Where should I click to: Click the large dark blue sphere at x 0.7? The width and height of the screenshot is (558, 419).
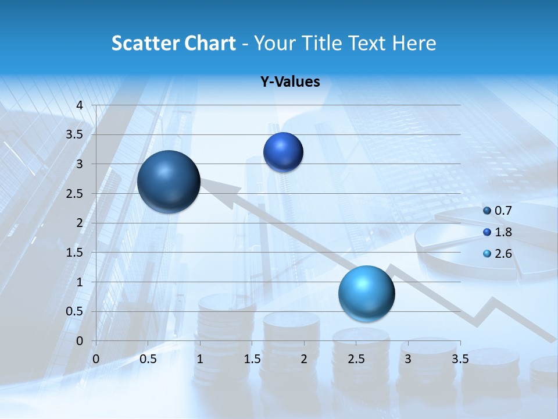[x=169, y=182]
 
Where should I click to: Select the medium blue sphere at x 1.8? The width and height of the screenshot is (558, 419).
[x=283, y=152]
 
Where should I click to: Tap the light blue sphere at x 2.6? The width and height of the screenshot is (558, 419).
[x=366, y=293]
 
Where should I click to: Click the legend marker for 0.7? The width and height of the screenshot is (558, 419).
[x=487, y=211]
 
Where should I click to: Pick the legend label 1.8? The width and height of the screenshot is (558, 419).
[x=503, y=232]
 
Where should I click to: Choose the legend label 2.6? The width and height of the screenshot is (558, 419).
[x=503, y=254]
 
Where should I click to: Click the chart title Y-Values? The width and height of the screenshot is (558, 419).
[x=290, y=82]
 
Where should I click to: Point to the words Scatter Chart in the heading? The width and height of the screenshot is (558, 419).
[x=173, y=43]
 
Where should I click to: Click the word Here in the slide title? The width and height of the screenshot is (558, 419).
[x=414, y=43]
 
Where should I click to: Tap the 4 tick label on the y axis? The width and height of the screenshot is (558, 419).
[x=81, y=105]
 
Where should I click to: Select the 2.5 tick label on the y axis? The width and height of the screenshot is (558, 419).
[x=75, y=194]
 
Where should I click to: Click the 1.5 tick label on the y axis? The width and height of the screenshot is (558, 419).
[x=75, y=253]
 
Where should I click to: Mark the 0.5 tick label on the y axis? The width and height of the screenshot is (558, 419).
[x=75, y=311]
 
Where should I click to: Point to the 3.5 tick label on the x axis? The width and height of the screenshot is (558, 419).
[x=460, y=359]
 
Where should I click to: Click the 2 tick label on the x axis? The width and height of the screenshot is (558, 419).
[x=304, y=359]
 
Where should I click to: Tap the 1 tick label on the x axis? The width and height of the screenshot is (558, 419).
[x=200, y=359]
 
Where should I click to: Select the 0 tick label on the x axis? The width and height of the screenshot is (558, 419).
[x=96, y=359]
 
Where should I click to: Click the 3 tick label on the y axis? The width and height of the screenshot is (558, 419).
[x=81, y=164]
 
